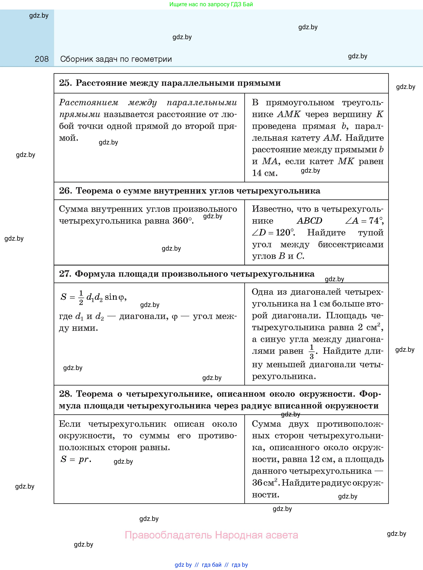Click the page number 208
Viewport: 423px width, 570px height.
click(41, 59)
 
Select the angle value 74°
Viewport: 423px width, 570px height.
click(376, 221)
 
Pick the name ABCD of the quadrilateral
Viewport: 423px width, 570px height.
click(309, 221)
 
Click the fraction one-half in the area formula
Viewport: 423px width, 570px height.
click(81, 297)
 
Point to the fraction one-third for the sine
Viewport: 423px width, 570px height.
click(312, 352)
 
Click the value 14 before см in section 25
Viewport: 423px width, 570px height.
click(257, 173)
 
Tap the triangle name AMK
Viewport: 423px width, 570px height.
click(289, 114)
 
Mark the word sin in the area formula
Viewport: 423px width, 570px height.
click(111, 297)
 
